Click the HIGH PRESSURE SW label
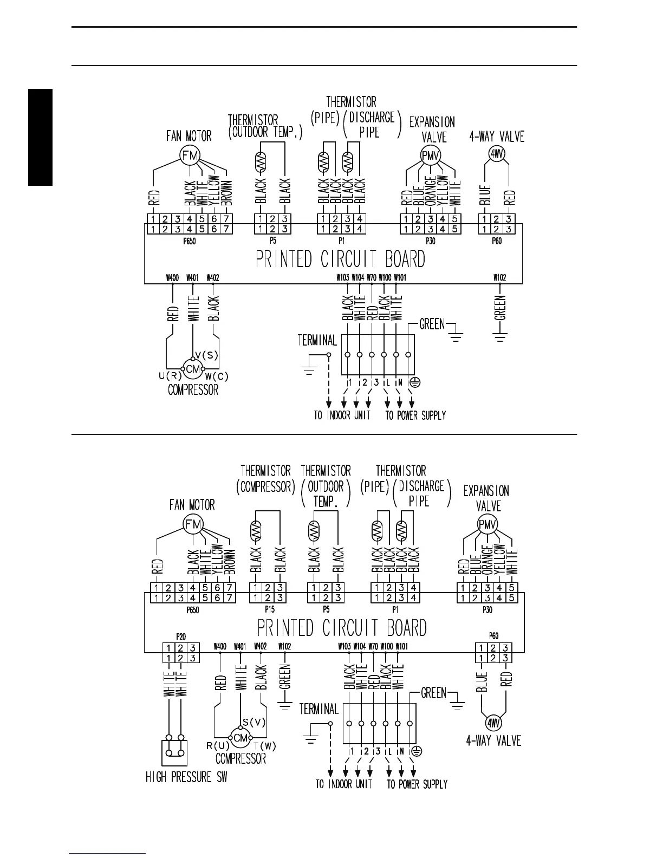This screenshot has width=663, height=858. click(186, 777)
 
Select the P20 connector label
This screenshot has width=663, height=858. click(181, 636)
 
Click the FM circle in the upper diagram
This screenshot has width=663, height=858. click(190, 156)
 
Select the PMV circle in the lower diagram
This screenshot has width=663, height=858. click(487, 524)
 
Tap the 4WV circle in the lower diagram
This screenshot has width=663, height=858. click(493, 723)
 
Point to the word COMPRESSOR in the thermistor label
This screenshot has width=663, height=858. click(266, 486)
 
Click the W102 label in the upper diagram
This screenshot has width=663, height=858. click(499, 278)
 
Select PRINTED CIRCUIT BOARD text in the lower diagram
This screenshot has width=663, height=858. click(342, 628)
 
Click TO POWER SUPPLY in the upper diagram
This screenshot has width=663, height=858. click(415, 415)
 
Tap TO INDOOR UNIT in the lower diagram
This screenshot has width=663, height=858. click(344, 784)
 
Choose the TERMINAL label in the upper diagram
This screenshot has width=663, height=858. click(317, 340)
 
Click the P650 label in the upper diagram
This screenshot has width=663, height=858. click(189, 241)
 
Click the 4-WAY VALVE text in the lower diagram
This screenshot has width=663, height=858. click(493, 740)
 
